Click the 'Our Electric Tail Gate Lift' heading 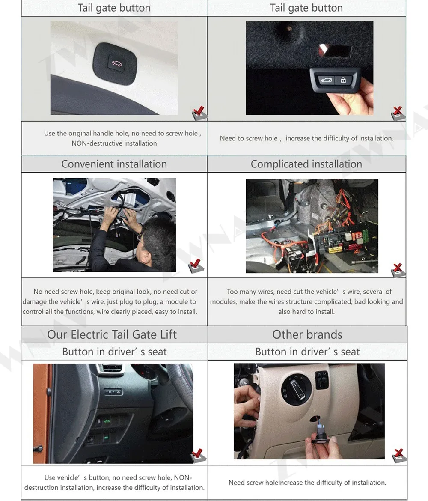click(x=112, y=334)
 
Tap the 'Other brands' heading click(x=307, y=334)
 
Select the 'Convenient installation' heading click(x=114, y=164)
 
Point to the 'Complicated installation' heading click(x=306, y=164)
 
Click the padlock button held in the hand click(x=343, y=80)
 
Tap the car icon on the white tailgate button click(x=116, y=63)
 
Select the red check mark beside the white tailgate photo click(x=199, y=111)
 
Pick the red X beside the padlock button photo click(x=398, y=111)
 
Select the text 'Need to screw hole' click(x=249, y=138)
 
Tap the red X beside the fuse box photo click(x=398, y=268)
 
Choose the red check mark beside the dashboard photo click(x=198, y=453)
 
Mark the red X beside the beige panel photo click(x=398, y=453)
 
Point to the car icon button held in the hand click(x=326, y=80)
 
